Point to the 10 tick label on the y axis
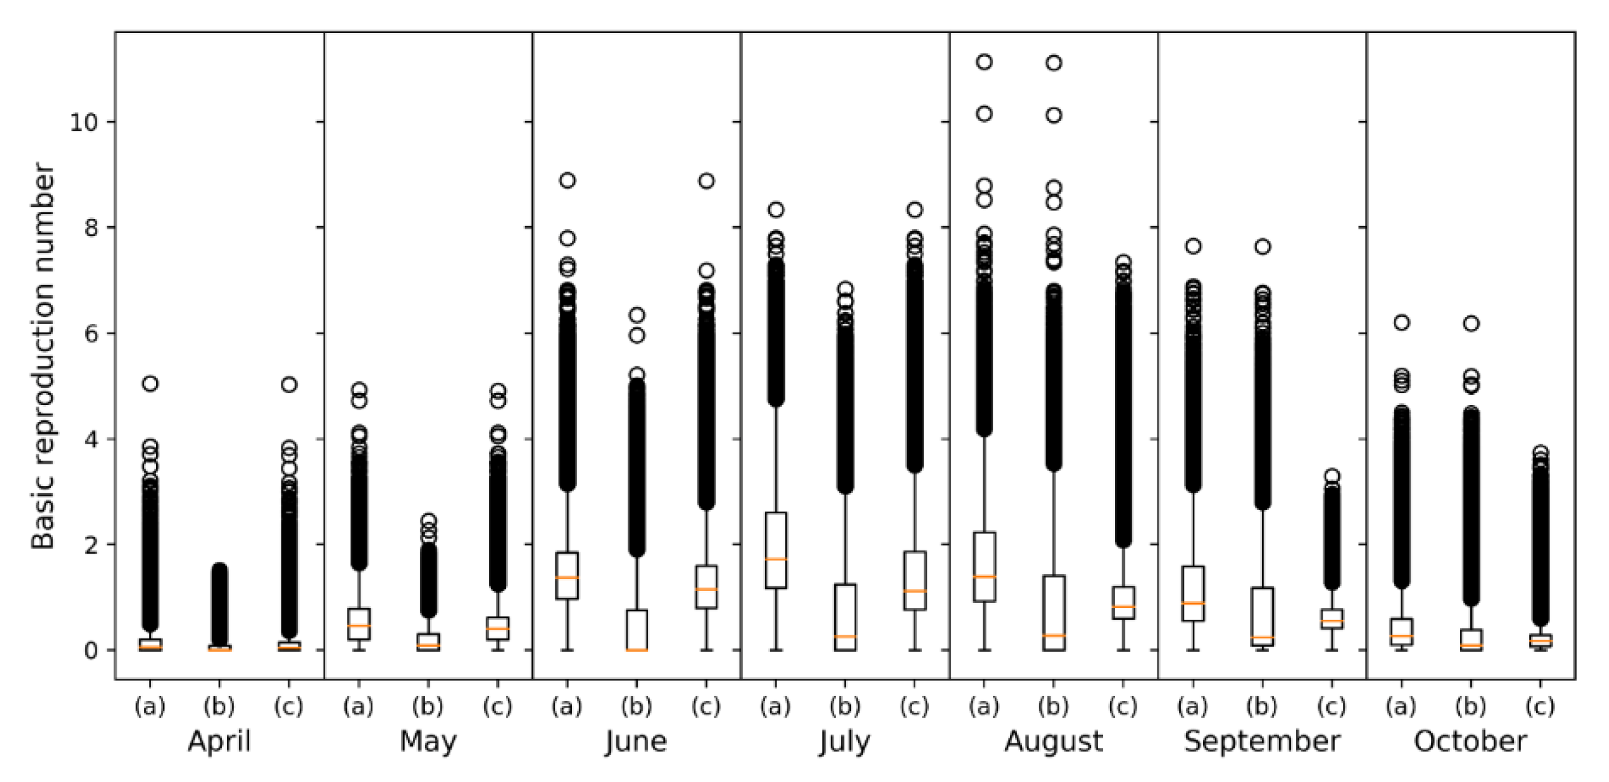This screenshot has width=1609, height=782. (x=84, y=122)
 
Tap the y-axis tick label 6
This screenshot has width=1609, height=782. (x=92, y=333)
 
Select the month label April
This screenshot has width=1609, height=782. (x=219, y=741)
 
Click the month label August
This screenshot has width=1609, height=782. (x=1053, y=741)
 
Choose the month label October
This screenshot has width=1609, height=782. (x=1470, y=741)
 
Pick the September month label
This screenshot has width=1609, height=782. (x=1261, y=741)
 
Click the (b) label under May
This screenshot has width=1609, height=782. (x=428, y=706)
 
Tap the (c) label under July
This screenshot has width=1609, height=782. (x=915, y=706)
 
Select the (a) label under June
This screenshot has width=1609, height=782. (x=566, y=706)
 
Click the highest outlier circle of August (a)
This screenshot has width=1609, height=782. (x=984, y=62)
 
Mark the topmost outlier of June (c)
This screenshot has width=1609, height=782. (x=706, y=181)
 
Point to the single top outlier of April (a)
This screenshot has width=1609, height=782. (x=150, y=383)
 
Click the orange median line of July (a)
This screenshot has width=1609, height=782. (x=775, y=559)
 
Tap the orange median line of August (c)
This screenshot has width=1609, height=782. (x=1123, y=607)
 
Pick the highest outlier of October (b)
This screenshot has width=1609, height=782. (x=1472, y=323)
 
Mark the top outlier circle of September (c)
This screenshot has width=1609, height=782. (x=1332, y=476)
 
